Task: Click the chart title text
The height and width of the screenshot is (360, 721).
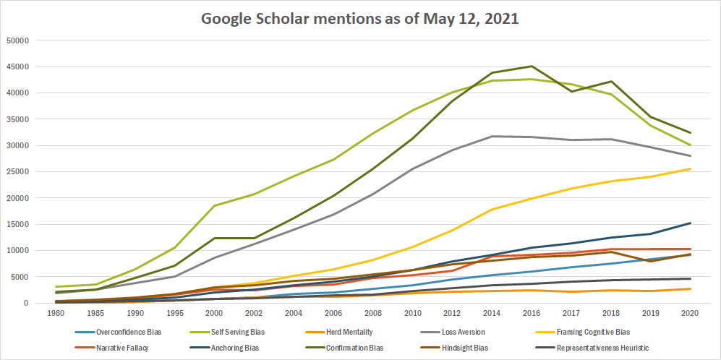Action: pos(359,20)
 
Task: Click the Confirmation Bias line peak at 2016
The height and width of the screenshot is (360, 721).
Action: pos(532,67)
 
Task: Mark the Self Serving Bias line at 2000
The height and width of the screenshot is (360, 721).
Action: pos(214,206)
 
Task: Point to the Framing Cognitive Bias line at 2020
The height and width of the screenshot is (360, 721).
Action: pos(690,169)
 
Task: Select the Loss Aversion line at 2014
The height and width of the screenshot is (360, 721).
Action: pos(492,137)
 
